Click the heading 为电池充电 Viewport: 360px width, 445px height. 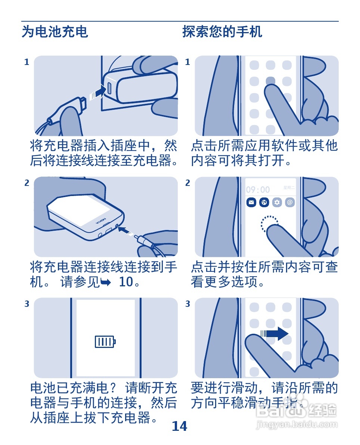(x=55, y=31)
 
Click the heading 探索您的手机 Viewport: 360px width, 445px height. (x=222, y=31)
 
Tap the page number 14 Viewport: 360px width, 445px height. (x=179, y=426)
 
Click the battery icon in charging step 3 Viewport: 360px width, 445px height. (x=105, y=342)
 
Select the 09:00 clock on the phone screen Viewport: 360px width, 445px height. (x=258, y=190)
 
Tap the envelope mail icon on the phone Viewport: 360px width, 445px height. (x=251, y=202)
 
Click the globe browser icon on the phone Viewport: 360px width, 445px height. (x=264, y=202)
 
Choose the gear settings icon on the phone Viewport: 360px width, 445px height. (x=277, y=202)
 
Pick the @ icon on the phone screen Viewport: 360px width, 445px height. (x=290, y=202)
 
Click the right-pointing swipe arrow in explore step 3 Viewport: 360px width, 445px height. (x=274, y=333)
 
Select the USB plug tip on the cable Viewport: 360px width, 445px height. (x=83, y=103)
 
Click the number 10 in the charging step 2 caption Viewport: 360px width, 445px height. (x=126, y=282)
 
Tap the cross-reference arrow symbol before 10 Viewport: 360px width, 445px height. (x=106, y=282)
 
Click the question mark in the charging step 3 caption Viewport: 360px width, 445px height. (x=112, y=388)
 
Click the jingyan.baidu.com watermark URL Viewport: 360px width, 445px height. (x=297, y=424)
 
